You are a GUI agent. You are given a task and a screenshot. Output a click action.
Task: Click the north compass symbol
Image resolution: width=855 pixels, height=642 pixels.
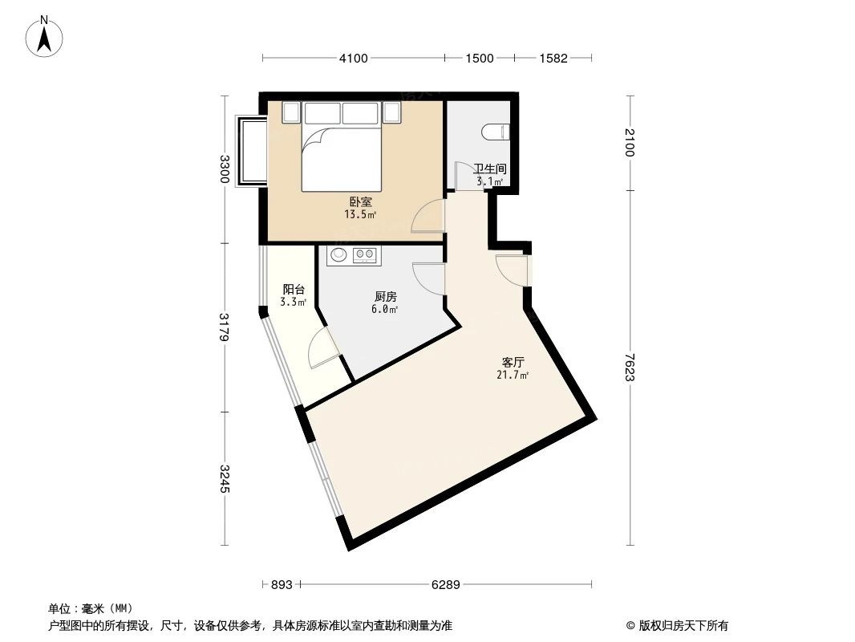click(x=45, y=36)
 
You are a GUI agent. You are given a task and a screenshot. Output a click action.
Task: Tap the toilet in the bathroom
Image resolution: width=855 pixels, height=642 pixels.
click(x=494, y=131)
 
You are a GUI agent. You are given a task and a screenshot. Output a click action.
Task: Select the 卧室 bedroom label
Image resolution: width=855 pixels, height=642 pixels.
click(x=360, y=203)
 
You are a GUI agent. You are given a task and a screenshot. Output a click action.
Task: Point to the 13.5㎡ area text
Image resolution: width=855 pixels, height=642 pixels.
click(x=360, y=214)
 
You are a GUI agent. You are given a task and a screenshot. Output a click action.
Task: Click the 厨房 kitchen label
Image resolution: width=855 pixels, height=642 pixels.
click(x=386, y=297)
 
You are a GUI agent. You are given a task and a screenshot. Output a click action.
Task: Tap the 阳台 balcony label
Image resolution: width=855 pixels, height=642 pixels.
click(x=294, y=290)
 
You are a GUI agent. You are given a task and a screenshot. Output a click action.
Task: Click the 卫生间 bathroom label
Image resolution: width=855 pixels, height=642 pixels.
click(x=488, y=169)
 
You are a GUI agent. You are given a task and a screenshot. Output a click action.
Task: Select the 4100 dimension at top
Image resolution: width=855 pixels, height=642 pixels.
click(x=353, y=58)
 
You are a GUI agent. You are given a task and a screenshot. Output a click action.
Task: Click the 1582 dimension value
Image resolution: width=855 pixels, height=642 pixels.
click(x=553, y=58)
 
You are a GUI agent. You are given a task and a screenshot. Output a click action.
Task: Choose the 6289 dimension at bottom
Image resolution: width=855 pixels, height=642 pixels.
click(x=445, y=585)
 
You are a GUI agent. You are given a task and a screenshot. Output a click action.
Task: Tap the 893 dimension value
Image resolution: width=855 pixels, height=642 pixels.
click(x=281, y=585)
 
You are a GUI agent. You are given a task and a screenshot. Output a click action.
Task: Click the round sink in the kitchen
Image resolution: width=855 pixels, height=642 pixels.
click(x=338, y=255)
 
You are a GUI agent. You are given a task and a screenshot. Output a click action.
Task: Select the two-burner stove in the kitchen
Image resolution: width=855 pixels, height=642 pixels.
click(x=366, y=255)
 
